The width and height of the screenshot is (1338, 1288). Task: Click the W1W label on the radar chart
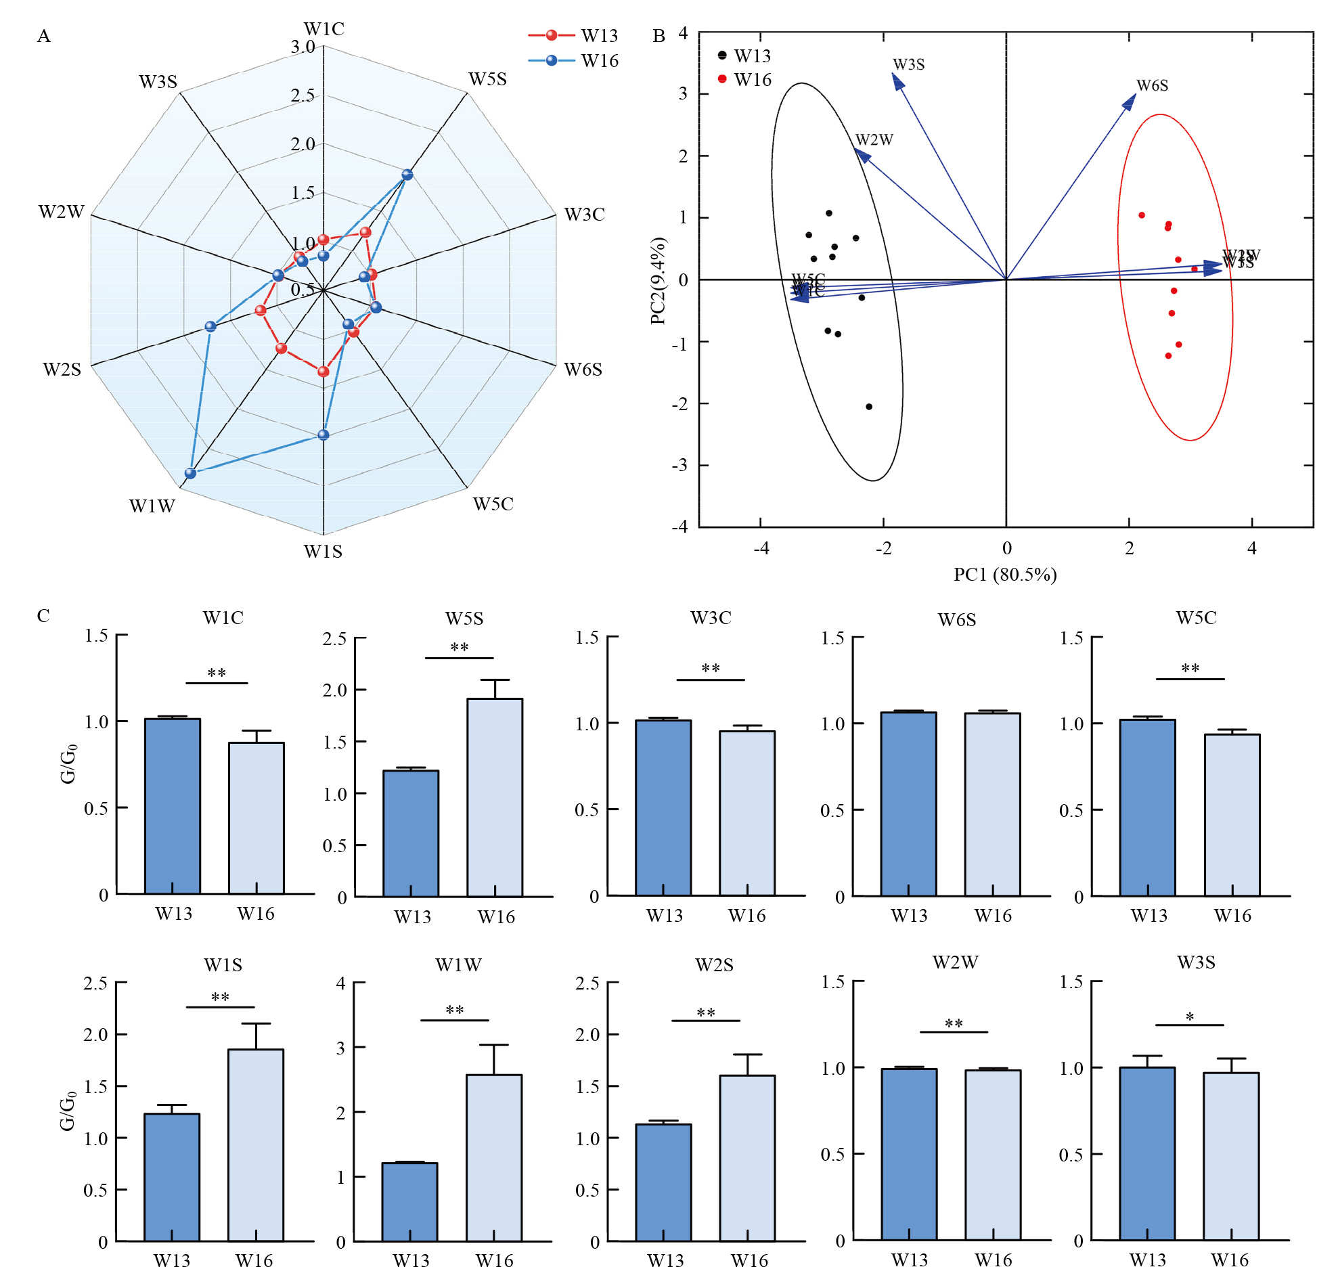coord(152,506)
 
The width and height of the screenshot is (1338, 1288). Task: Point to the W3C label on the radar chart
coord(584,215)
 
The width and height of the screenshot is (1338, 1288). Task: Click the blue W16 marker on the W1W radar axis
coord(190,473)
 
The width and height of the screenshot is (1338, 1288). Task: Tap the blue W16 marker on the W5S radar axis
coord(407,175)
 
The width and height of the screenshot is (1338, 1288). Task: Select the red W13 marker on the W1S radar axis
coord(324,372)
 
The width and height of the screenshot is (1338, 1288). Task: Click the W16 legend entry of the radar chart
coord(573,61)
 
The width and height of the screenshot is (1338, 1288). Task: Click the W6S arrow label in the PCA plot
coord(1153,85)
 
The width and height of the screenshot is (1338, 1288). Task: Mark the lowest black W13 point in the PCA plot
coord(869,407)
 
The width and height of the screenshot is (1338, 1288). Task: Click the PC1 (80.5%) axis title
coord(1005,574)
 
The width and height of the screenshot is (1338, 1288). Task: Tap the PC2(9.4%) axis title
coord(658,280)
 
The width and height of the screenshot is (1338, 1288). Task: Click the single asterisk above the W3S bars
coord(1190,1017)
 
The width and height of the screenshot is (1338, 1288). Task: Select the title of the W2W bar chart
coord(955,962)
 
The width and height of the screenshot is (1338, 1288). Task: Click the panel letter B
coord(659,36)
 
